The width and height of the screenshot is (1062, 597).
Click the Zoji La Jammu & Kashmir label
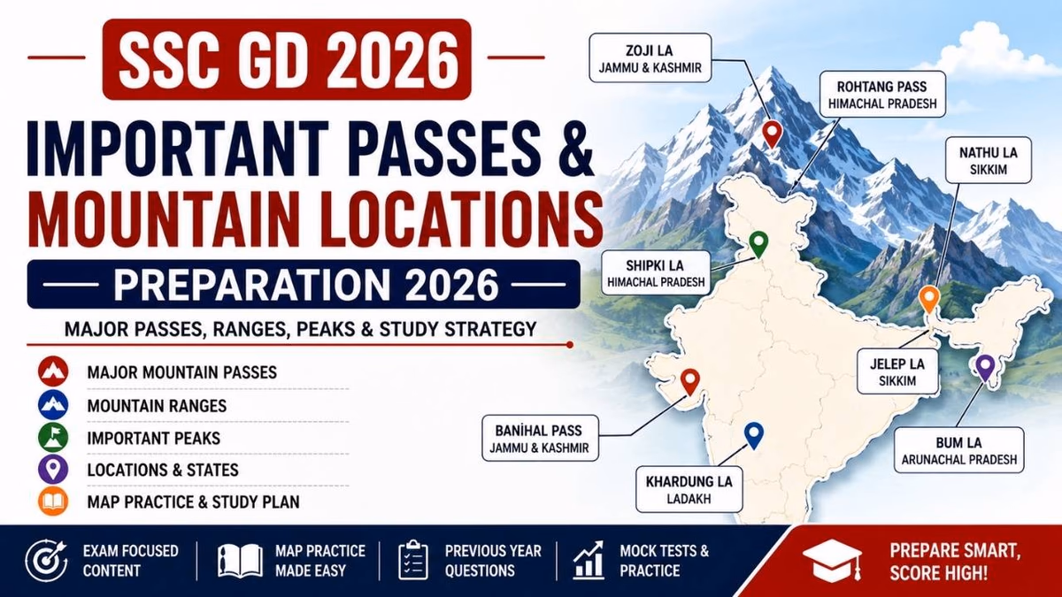pyautogui.click(x=650, y=57)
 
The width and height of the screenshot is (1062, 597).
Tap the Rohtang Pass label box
pyautogui.click(x=882, y=95)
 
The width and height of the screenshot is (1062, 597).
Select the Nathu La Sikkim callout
pyautogui.click(x=988, y=160)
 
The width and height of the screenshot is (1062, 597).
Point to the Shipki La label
pyautogui.click(x=656, y=273)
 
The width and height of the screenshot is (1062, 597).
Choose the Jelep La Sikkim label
pyautogui.click(x=897, y=371)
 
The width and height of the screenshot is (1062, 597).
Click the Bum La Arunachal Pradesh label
pyautogui.click(x=958, y=450)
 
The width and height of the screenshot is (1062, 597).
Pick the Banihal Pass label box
pyautogui.click(x=540, y=439)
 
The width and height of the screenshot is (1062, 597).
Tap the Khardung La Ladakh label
pyautogui.click(x=689, y=489)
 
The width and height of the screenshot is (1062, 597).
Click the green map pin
pyautogui.click(x=758, y=244)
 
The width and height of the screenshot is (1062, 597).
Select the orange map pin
pyautogui.click(x=928, y=300)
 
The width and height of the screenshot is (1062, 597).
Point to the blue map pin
pyautogui.click(x=753, y=435)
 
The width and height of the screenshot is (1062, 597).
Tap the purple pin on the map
pyautogui.click(x=985, y=368)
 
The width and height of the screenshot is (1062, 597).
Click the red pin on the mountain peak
pyautogui.click(x=773, y=134)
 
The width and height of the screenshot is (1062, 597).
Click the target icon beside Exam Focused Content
pyautogui.click(x=47, y=561)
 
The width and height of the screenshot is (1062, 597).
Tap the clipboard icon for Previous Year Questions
pyautogui.click(x=413, y=560)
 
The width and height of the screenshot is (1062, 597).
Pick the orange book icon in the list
pyautogui.click(x=53, y=501)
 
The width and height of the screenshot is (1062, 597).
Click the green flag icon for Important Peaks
pyautogui.click(x=53, y=438)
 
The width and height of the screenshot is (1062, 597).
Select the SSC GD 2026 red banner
pyautogui.click(x=287, y=59)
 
